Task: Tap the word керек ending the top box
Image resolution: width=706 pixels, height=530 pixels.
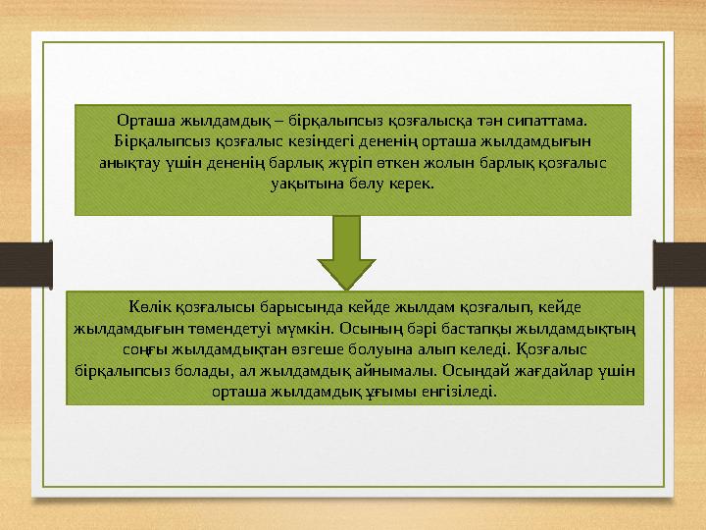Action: click(412, 184)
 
